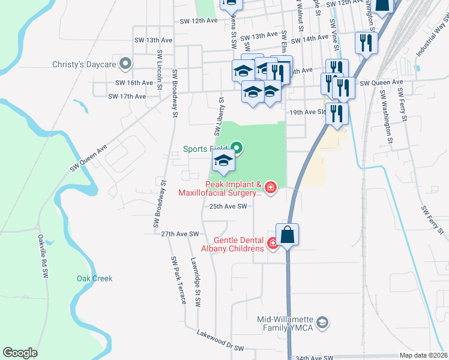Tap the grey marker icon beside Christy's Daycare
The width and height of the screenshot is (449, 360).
125,63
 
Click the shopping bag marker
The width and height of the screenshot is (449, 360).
288,235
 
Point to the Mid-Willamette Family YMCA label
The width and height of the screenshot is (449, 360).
285,323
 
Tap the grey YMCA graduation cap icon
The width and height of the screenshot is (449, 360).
323,323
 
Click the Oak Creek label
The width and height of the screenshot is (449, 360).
94,278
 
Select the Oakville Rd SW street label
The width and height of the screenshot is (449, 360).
43,255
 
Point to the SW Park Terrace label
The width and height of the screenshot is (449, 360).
179,280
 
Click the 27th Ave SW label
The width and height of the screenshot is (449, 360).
179,234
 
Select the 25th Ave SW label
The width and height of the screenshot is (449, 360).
228,206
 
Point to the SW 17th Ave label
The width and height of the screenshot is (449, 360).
127,97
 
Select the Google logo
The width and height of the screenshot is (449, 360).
20,353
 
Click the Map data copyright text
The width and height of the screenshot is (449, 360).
423,355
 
